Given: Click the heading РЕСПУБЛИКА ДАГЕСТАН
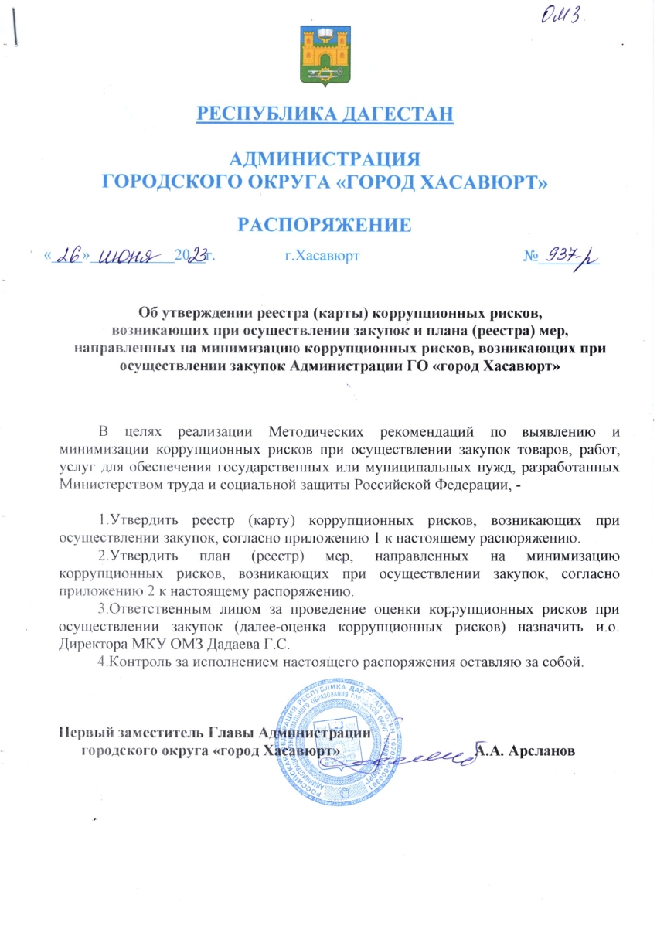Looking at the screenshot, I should [325, 115].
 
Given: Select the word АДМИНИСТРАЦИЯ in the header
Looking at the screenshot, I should [325, 160].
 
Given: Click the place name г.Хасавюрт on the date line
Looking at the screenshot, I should [322, 255].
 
